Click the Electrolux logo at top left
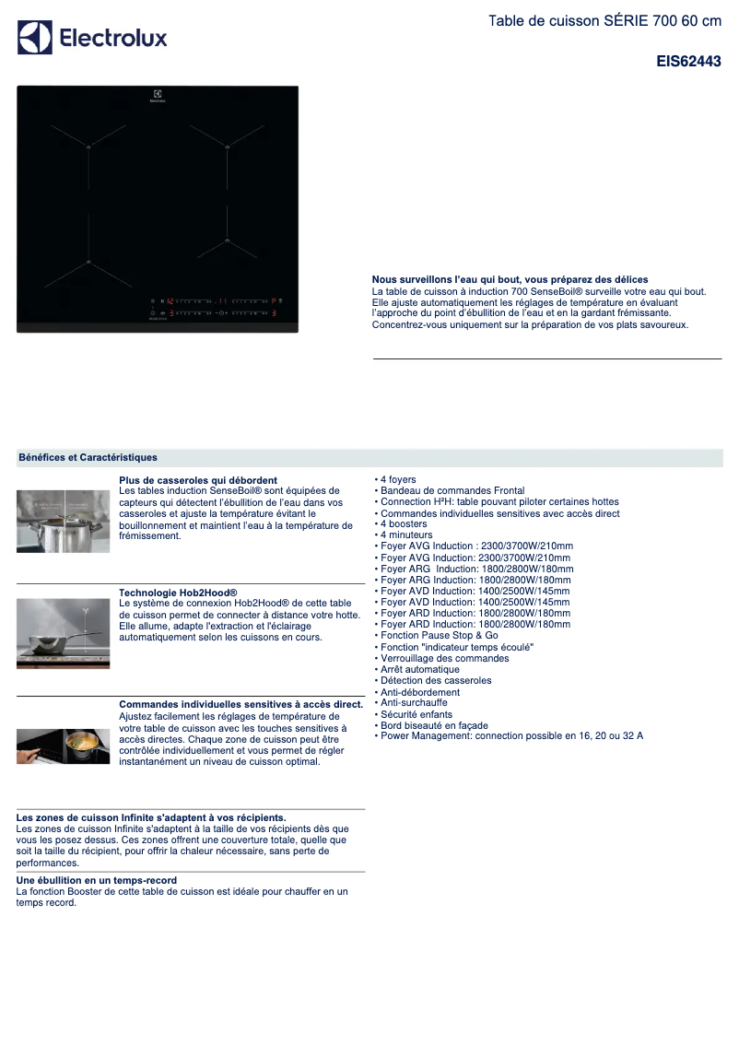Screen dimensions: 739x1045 coord(92,38)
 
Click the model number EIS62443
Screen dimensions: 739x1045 coord(688,63)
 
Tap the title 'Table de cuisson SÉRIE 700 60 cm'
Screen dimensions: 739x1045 coord(604,20)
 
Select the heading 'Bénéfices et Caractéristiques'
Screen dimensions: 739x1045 coord(88,457)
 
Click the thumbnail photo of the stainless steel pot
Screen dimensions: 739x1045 coord(63,521)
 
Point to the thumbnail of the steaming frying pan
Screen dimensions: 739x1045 coord(63,633)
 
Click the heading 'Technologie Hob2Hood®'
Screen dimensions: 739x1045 coord(178,593)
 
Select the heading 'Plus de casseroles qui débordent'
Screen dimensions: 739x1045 coord(198,480)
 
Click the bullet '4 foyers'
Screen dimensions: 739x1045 coord(397,479)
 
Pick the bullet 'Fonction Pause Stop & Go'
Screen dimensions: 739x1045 coord(439,636)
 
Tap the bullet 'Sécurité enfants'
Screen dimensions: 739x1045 coord(416,714)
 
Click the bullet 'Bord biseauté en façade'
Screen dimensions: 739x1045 coord(433,725)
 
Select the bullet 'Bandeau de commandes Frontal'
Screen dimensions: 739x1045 coord(452,490)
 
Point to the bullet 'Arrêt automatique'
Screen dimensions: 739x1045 coord(419,669)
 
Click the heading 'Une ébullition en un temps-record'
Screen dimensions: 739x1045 coord(96,881)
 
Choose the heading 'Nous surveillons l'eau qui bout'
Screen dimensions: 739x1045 coord(510,279)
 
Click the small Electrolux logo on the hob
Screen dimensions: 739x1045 coord(158,95)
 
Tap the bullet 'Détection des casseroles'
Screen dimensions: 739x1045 coord(436,680)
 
